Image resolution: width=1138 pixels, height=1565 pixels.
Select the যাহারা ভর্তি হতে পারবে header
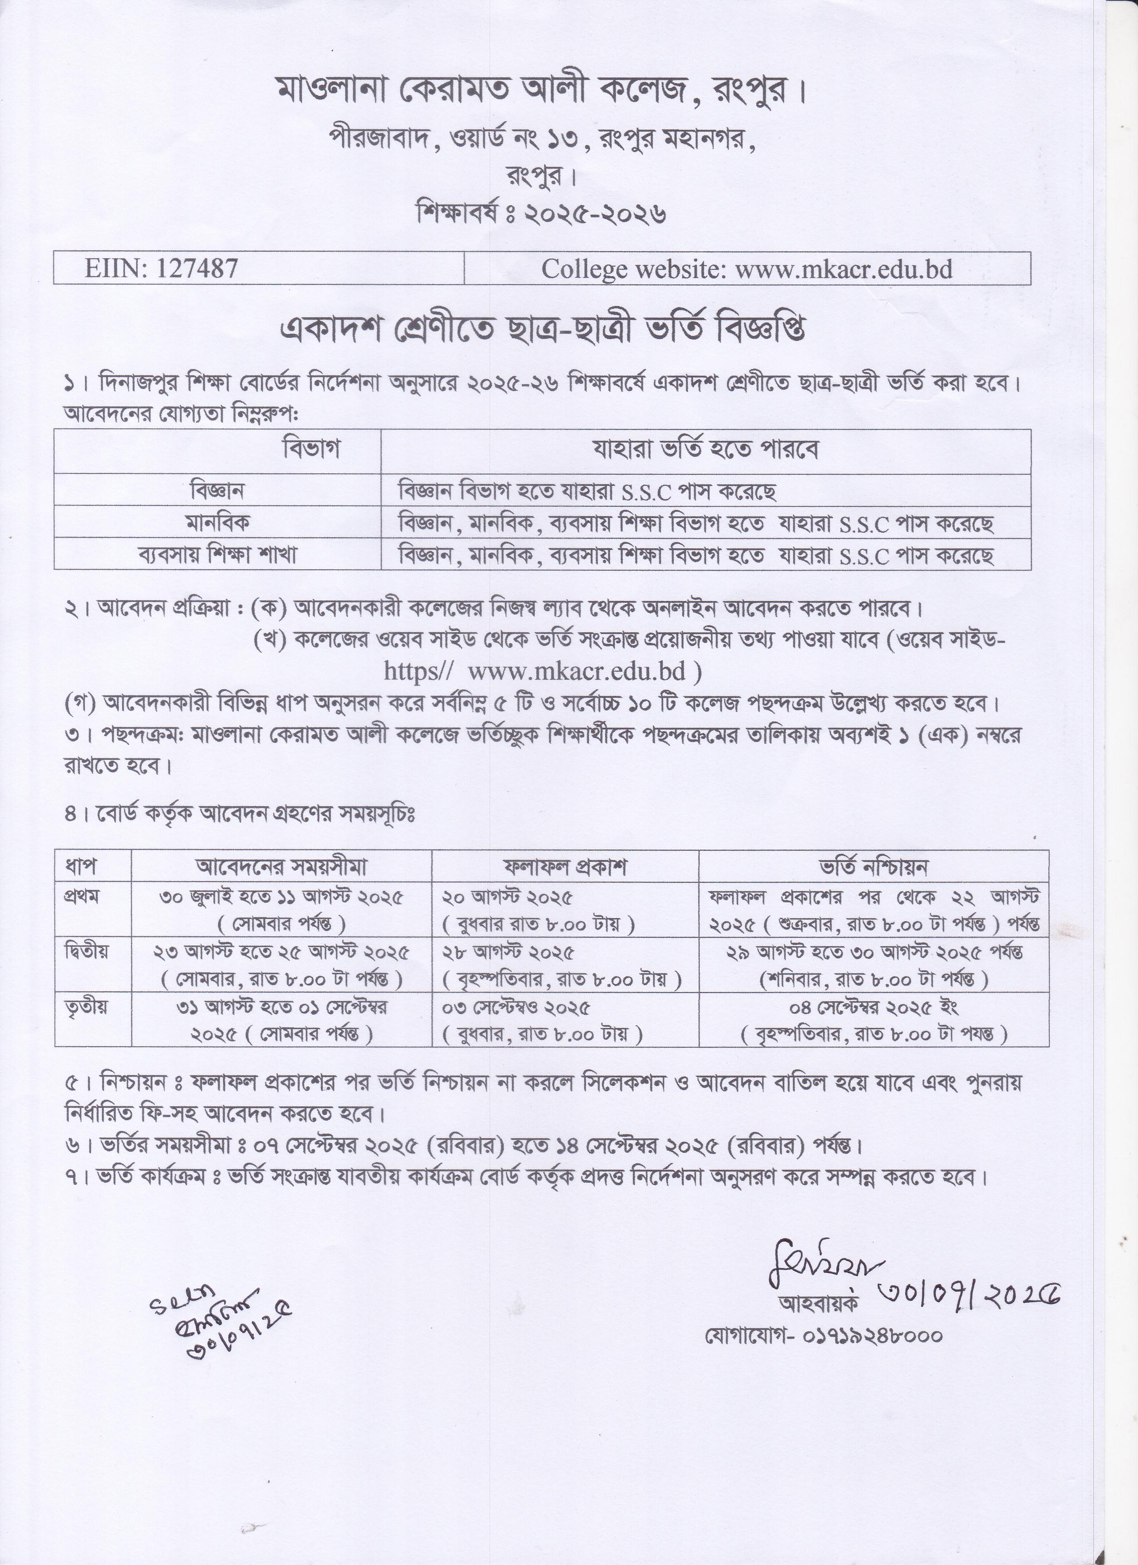coord(705,450)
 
